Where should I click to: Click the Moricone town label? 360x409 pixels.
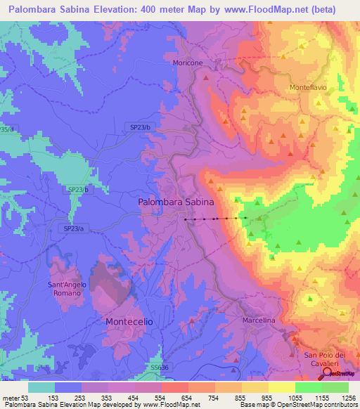[x=188, y=63]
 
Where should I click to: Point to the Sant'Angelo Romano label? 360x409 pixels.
[x=69, y=288]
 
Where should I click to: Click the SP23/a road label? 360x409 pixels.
[x=73, y=229]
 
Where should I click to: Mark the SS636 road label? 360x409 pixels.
[x=159, y=367]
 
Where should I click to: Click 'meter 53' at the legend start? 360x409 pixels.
[x=13, y=398]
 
